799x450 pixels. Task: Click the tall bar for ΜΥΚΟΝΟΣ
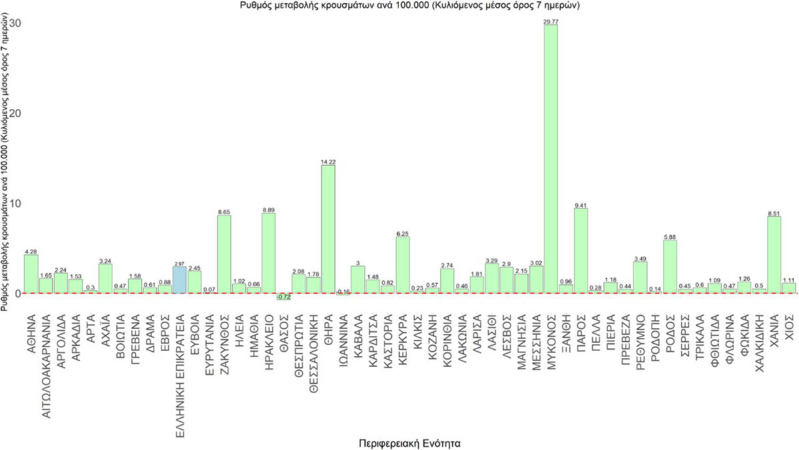[551, 160]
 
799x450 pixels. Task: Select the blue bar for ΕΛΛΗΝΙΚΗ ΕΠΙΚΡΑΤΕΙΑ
[180, 280]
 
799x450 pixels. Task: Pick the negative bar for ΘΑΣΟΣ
[284, 296]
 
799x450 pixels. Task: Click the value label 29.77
[551, 22]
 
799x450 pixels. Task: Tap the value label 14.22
[328, 162]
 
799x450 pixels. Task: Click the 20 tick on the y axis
[15, 113]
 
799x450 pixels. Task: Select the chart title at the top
[411, 6]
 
